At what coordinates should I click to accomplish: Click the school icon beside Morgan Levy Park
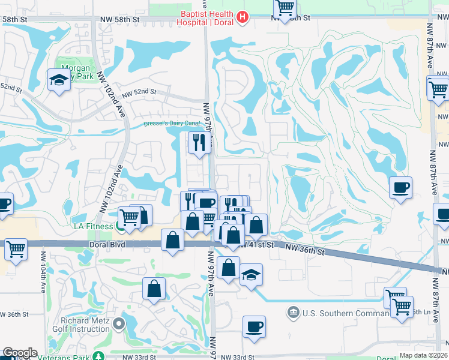(x=58, y=80)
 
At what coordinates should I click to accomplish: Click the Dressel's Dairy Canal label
(x=172, y=124)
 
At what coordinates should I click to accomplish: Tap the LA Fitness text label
(x=94, y=226)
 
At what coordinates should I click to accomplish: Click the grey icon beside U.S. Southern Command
(x=294, y=312)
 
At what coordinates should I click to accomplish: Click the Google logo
(x=20, y=353)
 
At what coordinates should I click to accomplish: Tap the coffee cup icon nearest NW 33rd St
(x=254, y=326)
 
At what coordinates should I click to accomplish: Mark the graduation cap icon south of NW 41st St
(x=251, y=275)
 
